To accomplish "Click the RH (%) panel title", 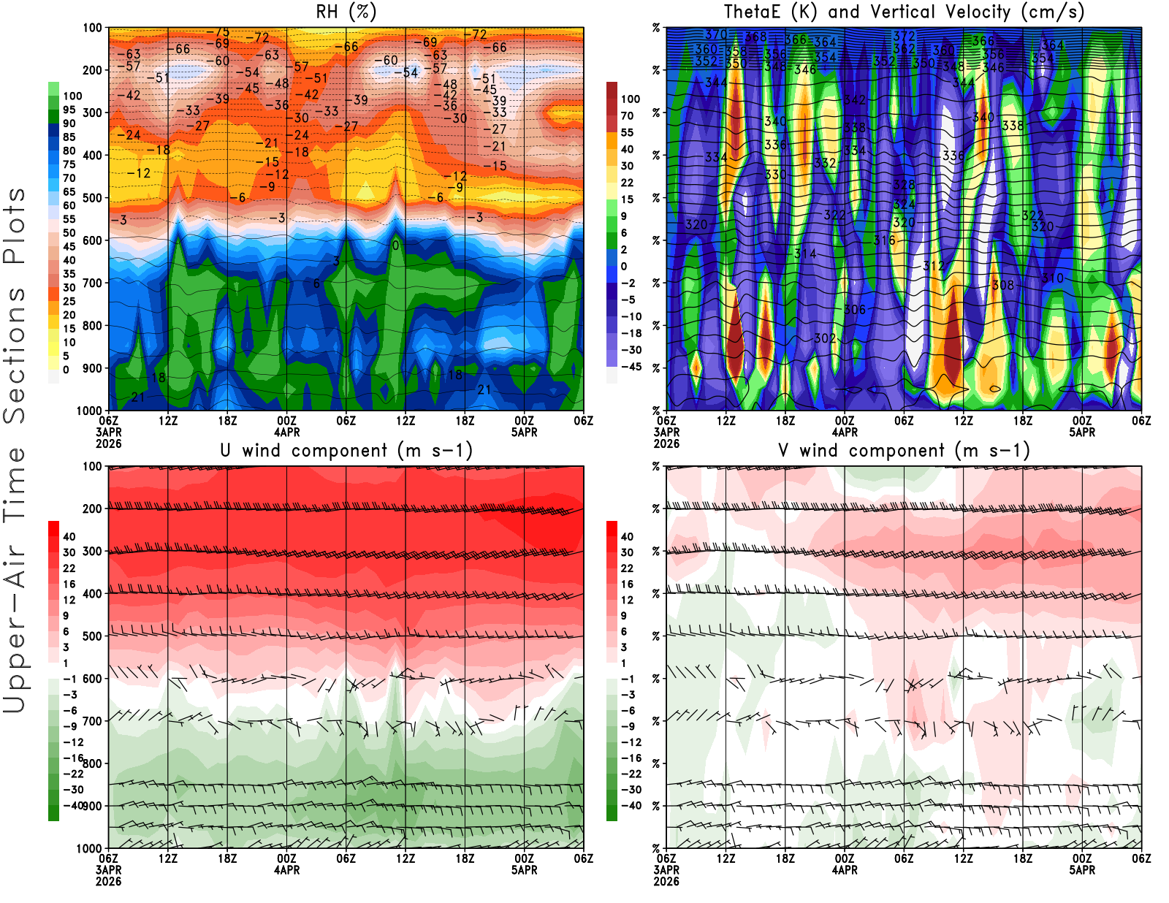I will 346,12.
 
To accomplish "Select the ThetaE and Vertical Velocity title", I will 904,12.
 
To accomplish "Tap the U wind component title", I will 346,450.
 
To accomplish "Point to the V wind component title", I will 904,450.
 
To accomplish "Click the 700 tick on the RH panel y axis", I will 93,283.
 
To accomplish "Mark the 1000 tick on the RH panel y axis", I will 90,411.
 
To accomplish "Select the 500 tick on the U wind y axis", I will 93,636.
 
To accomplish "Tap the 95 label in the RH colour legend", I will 69,110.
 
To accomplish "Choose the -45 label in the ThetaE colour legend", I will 631,367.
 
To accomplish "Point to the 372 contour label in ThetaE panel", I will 904,35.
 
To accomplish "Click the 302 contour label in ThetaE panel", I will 825,338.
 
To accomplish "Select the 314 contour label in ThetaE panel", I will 805,254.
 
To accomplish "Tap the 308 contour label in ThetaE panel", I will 1003,285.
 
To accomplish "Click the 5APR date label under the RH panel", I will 524,432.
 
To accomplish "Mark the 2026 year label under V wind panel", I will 666,881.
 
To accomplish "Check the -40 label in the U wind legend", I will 73,805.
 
